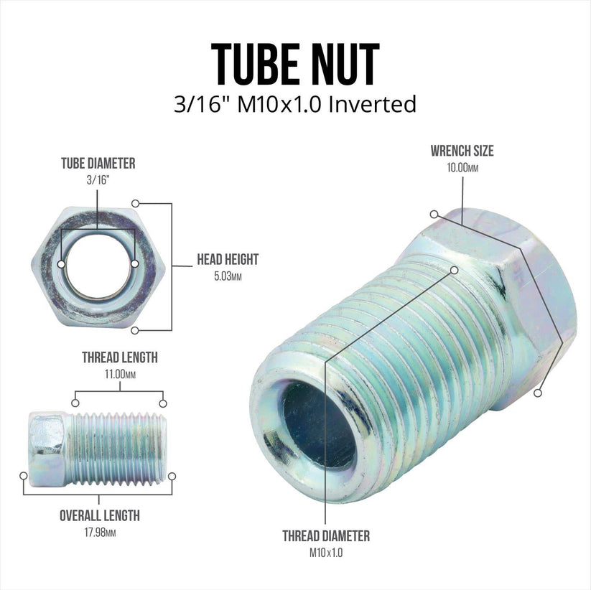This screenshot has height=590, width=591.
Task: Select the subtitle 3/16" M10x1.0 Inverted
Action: point(295,104)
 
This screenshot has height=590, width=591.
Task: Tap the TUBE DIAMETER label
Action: point(98,164)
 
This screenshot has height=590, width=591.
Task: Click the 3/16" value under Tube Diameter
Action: point(98,180)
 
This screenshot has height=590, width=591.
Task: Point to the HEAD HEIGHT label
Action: point(228,260)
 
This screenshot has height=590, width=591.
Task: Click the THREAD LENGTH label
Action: point(119,357)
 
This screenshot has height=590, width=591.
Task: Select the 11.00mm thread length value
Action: point(119,374)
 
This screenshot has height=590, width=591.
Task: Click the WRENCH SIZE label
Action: point(462,151)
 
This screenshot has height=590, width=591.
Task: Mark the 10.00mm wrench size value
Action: point(462,167)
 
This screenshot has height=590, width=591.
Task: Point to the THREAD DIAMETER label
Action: point(325,535)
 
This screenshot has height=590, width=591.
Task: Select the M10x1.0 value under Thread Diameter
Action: point(325,552)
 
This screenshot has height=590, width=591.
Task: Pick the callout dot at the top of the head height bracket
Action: point(135,203)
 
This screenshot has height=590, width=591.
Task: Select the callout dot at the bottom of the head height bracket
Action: point(135,330)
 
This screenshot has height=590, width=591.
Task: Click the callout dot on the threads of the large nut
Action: point(454,270)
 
